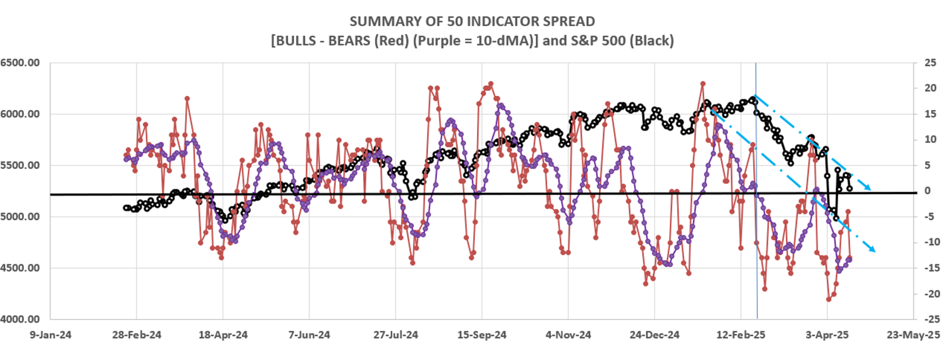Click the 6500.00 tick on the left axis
20,62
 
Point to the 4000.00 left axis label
20,320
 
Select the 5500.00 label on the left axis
20,165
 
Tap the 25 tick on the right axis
929,62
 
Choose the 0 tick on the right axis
927,191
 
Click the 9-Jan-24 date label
51,335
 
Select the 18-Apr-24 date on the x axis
223,335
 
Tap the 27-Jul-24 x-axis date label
395,335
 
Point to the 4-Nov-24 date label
568,335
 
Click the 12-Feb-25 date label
741,335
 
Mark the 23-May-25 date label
913,335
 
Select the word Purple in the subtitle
436,41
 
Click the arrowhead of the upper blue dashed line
870,189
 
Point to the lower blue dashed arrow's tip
873,251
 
